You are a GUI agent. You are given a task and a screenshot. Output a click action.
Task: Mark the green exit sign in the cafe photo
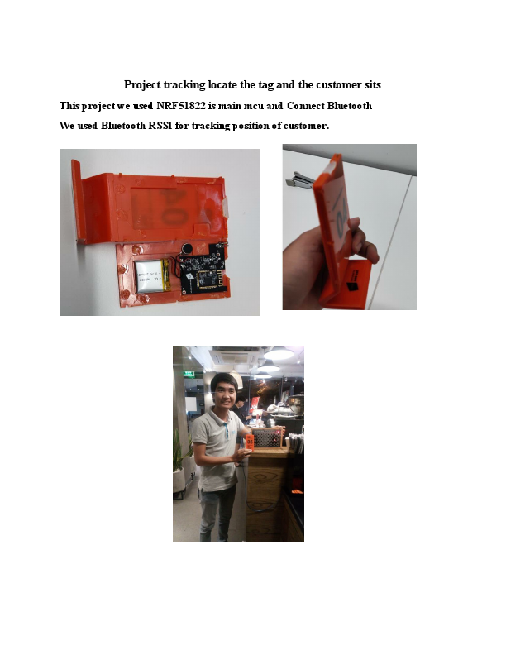pyautogui.click(x=189, y=374)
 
